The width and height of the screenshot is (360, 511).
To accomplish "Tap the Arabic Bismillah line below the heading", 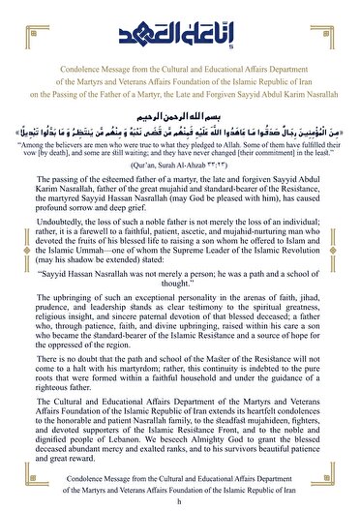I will coord(179,111).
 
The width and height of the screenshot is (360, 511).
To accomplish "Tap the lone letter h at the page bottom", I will coord(179,502).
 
